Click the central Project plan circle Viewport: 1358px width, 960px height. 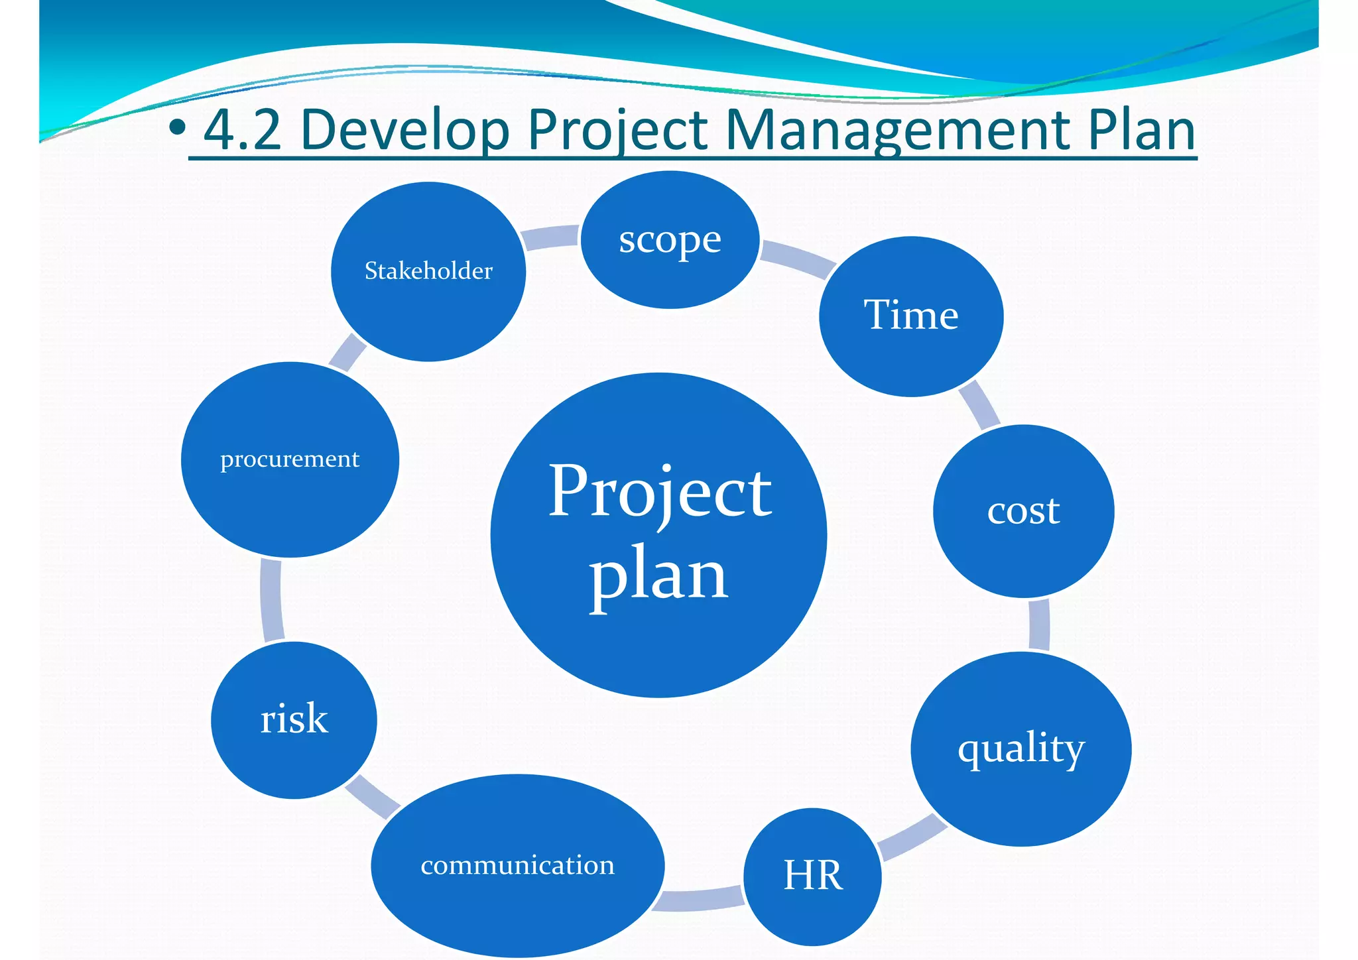tap(658, 535)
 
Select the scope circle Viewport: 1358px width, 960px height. tap(670, 240)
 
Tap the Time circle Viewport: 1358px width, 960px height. tap(911, 316)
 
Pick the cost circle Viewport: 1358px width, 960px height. tap(1023, 511)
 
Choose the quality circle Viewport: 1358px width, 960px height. tap(1021, 749)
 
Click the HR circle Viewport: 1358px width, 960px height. tap(813, 876)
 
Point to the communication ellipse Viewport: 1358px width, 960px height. tap(518, 865)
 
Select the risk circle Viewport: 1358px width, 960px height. tap(294, 720)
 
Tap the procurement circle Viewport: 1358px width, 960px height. tap(290, 459)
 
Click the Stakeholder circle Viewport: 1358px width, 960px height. tap(428, 271)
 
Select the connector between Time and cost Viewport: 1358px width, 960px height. tap(979, 404)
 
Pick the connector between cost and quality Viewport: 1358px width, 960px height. tap(1039, 625)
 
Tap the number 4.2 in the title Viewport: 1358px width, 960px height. tap(243, 131)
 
